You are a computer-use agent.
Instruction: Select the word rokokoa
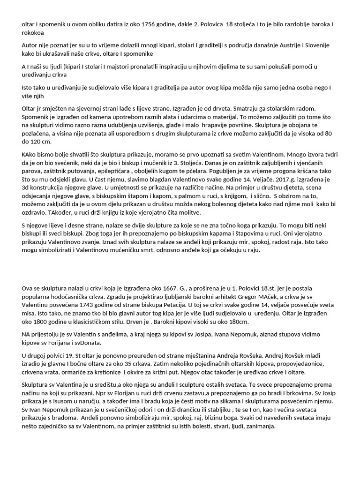coord(34,33)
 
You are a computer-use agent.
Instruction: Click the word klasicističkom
coord(101,322)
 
